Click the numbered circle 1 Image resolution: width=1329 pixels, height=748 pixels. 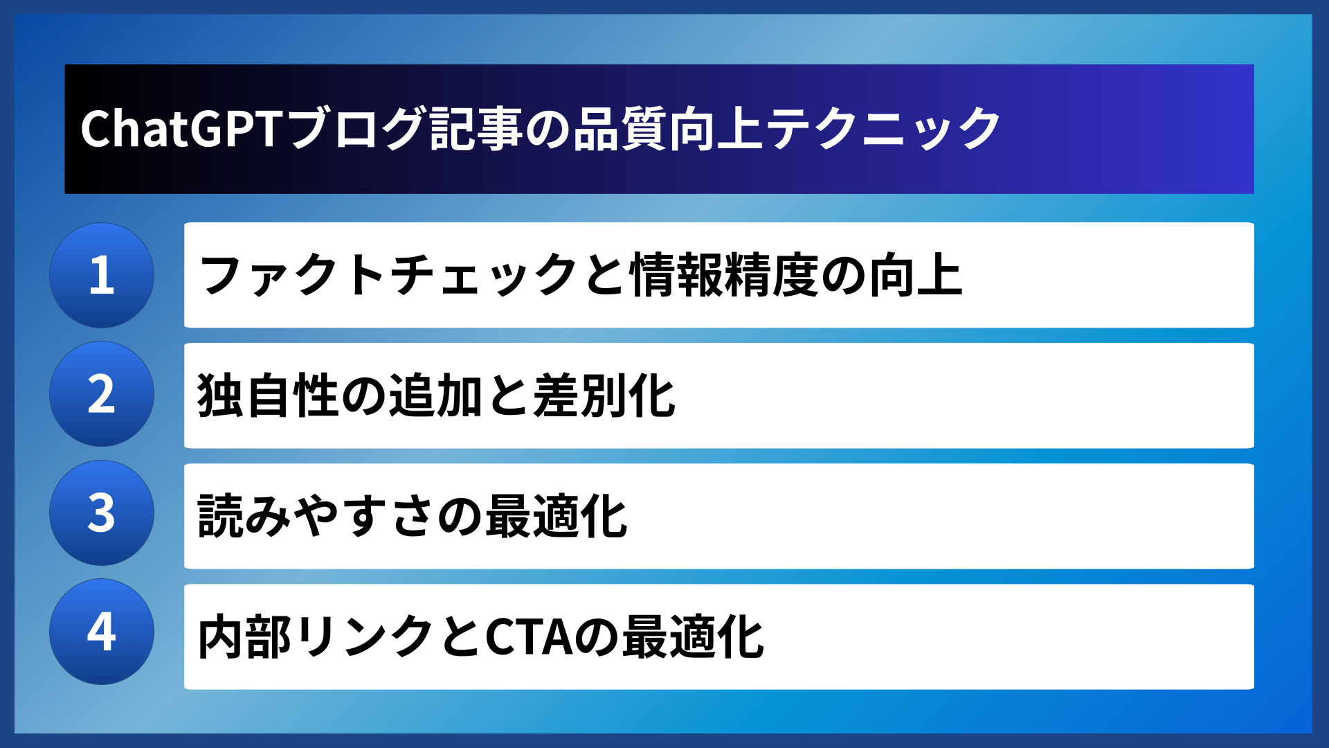click(x=102, y=275)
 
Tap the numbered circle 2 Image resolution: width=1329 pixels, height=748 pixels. click(x=102, y=394)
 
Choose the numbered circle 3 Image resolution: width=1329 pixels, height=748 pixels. click(x=102, y=513)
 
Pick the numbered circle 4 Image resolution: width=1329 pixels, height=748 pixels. click(x=102, y=632)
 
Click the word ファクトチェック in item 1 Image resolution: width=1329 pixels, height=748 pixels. click(x=388, y=276)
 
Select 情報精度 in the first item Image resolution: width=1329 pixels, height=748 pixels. click(x=725, y=276)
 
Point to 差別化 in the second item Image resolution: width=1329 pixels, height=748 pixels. click(x=604, y=396)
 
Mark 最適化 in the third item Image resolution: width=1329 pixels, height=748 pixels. click(x=556, y=517)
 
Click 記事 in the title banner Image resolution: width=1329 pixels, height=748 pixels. click(x=476, y=130)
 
